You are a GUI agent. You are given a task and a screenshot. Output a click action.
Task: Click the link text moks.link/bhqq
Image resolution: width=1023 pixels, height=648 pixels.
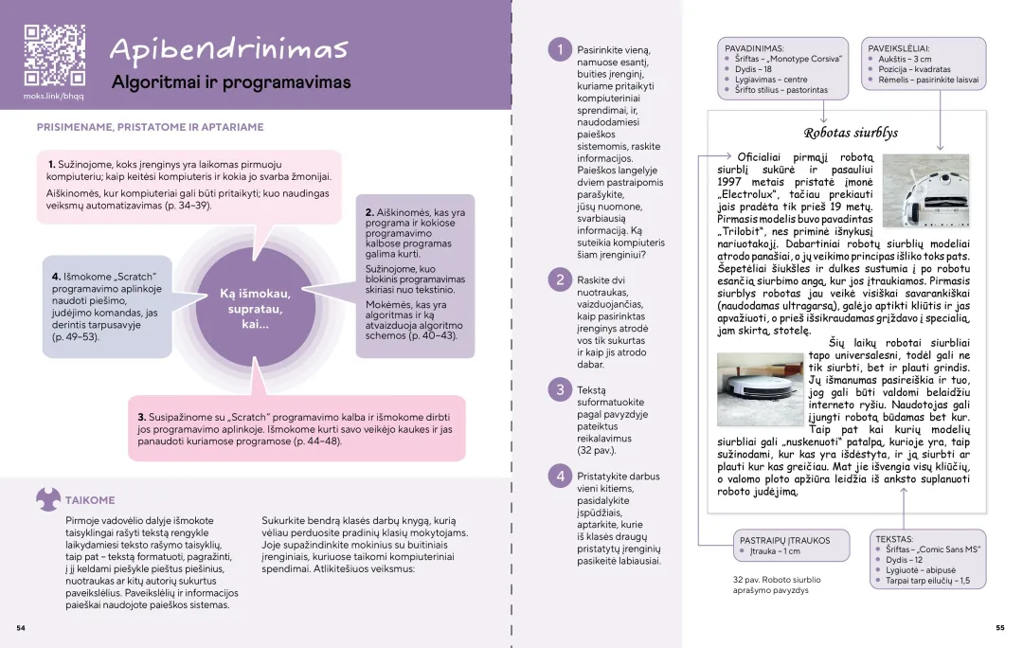[54, 97]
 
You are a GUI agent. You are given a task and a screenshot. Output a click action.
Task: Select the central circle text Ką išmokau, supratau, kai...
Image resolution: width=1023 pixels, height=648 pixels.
[255, 309]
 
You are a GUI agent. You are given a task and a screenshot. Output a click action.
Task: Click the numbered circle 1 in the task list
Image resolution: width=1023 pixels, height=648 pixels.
[560, 50]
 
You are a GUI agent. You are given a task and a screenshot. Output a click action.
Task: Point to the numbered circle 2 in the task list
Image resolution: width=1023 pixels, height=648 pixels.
[560, 279]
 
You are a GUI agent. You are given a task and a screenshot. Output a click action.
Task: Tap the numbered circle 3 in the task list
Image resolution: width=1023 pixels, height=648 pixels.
[560, 389]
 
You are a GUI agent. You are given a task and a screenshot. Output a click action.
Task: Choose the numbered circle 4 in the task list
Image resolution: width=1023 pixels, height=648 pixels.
[560, 477]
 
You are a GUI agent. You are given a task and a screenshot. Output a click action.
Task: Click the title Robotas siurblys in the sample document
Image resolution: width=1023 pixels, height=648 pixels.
[851, 134]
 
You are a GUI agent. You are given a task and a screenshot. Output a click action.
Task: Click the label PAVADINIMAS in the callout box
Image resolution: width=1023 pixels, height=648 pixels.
[755, 47]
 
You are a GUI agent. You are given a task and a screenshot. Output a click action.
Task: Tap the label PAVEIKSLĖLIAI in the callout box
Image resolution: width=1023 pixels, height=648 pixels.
[898, 47]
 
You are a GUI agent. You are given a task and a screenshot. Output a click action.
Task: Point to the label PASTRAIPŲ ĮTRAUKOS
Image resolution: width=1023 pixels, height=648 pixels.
[784, 540]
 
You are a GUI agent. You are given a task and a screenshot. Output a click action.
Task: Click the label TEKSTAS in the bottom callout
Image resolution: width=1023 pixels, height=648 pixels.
[894, 538]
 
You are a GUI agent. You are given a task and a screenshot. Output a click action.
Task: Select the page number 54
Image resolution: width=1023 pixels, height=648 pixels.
[21, 627]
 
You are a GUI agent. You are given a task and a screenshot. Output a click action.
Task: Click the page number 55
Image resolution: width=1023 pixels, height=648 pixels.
[999, 627]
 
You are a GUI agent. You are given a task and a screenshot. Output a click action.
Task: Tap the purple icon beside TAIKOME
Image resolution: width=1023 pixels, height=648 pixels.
[48, 498]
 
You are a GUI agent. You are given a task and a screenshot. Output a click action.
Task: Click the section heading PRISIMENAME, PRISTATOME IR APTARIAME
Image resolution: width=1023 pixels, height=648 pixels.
[150, 127]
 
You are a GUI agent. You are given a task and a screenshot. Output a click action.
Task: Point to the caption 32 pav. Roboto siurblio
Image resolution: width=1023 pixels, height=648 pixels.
[777, 579]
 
